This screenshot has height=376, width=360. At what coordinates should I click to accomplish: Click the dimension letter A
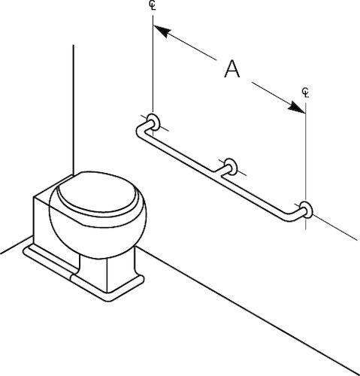232,68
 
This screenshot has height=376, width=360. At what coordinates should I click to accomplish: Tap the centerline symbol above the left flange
153,6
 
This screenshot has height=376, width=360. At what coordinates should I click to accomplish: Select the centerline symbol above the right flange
305,92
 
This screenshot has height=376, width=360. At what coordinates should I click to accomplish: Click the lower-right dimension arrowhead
297,107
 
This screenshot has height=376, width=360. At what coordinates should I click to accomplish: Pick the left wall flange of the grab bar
153,122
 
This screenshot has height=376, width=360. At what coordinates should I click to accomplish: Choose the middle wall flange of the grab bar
231,166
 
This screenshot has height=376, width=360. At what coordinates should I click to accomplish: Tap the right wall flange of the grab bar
306,209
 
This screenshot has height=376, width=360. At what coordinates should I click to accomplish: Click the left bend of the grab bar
141,130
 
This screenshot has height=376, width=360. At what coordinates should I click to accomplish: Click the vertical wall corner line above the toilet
74,110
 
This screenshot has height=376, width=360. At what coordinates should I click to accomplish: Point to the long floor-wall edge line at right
248,311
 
